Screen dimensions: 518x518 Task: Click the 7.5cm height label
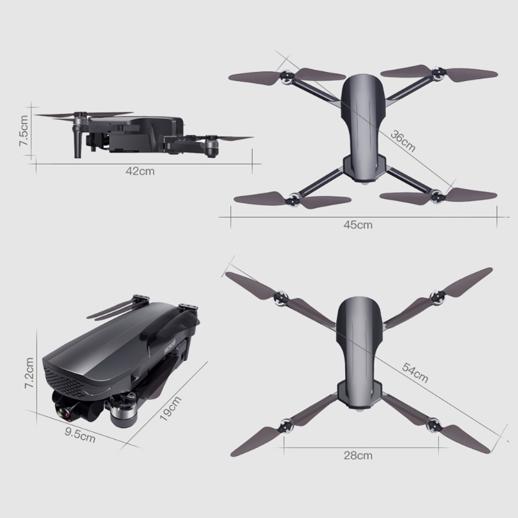click(x=23, y=131)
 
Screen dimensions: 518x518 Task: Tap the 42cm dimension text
click(x=140, y=171)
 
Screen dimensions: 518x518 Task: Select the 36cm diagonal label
click(x=403, y=141)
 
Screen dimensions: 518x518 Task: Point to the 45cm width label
click(x=358, y=225)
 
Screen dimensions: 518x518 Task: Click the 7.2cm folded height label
click(x=29, y=373)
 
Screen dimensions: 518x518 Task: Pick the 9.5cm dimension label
click(x=80, y=434)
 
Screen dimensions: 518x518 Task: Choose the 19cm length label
click(x=170, y=409)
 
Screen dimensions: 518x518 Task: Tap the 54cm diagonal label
click(x=415, y=373)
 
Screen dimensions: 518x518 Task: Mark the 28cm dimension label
click(x=358, y=456)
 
